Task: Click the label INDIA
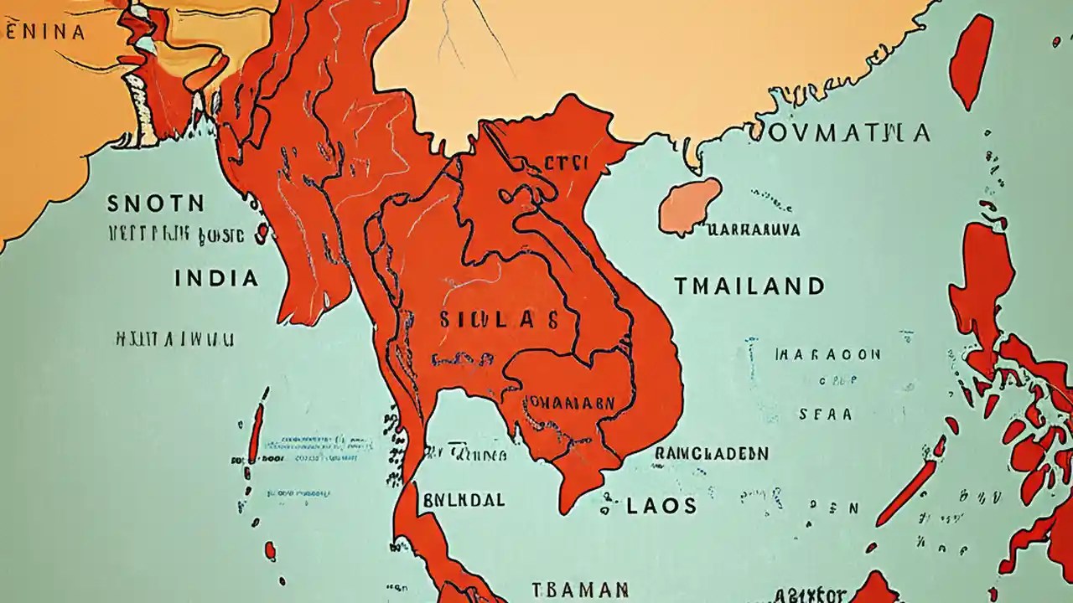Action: pos(216,278)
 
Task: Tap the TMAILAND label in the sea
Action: pos(749,286)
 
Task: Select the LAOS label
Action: pos(661,505)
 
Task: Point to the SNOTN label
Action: pos(156,204)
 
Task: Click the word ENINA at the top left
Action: pos(45,32)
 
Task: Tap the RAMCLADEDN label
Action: pos(711,453)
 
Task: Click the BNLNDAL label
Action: pos(464,500)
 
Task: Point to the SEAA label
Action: pos(825,414)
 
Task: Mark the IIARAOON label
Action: pos(827,354)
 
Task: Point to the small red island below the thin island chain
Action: pos(270,550)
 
